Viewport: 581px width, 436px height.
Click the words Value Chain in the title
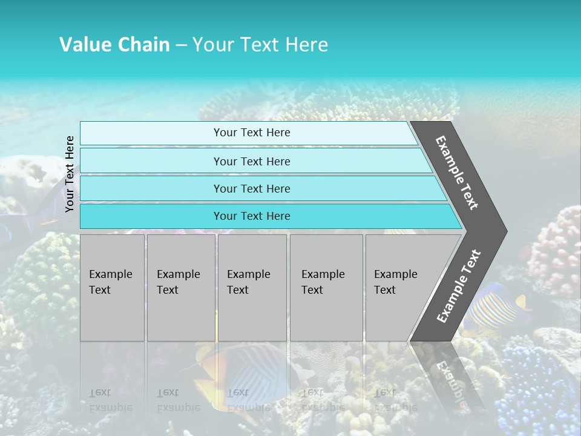pyautogui.click(x=114, y=45)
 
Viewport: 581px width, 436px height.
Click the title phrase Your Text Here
pyautogui.click(x=260, y=45)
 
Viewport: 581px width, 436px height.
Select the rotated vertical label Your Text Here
pyautogui.click(x=70, y=174)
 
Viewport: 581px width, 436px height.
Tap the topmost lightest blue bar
pyautogui.click(x=252, y=133)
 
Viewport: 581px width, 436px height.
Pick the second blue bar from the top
pyautogui.click(x=252, y=161)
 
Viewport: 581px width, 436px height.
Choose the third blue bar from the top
pyautogui.click(x=252, y=188)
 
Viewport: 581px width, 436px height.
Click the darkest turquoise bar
pyautogui.click(x=252, y=216)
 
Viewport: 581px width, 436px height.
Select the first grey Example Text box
pyautogui.click(x=112, y=288)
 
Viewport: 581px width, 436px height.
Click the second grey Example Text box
pyautogui.click(x=180, y=288)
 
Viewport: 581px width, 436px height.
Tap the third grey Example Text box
pyautogui.click(x=252, y=288)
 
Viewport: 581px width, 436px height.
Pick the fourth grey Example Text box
pyautogui.click(x=326, y=288)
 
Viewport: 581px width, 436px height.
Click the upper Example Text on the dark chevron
pyautogui.click(x=458, y=173)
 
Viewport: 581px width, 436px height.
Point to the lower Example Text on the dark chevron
pyautogui.click(x=459, y=286)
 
